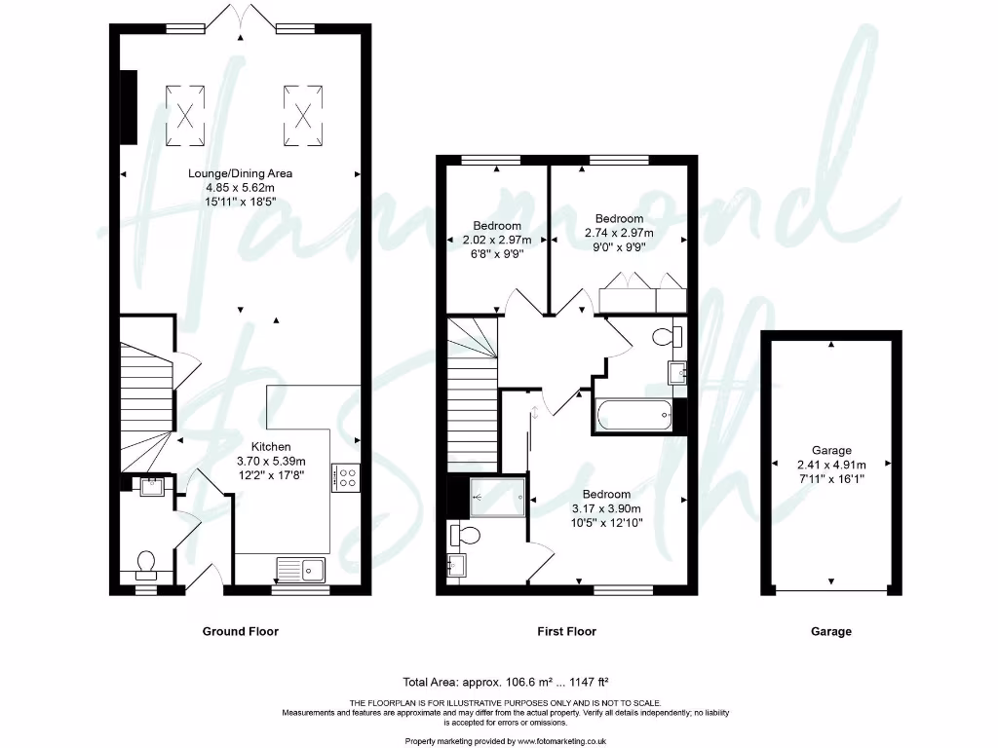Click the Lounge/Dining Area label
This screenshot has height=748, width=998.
240,173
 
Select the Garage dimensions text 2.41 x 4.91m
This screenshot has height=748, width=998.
831,464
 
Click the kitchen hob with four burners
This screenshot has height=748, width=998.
345,476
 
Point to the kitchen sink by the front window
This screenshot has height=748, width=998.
302,567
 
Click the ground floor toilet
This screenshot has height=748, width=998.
146,564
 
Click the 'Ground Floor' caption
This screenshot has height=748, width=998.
240,631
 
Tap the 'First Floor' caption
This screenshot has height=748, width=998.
566,631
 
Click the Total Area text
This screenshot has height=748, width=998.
506,682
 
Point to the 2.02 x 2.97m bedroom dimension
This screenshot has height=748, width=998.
496,240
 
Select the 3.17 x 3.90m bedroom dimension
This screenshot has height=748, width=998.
606,508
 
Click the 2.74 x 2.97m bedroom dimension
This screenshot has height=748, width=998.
619,233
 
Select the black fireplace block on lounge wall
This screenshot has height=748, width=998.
128,107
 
